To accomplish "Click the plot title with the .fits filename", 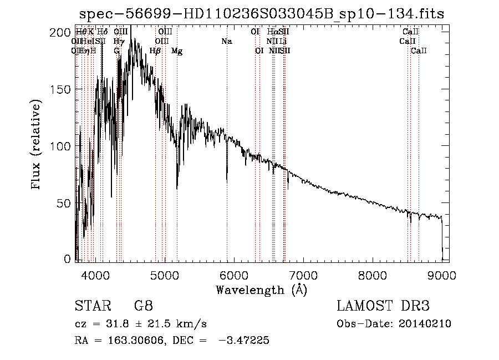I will click(x=262, y=14).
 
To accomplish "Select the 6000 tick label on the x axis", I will click(x=234, y=275).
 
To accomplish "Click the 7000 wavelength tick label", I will click(x=303, y=275).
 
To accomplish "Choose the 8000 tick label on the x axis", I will click(x=373, y=275).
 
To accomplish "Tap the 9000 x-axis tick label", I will click(x=442, y=275).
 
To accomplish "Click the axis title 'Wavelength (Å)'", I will click(x=261, y=290).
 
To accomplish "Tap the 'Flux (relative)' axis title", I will click(x=37, y=145).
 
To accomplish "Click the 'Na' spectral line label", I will click(x=226, y=41).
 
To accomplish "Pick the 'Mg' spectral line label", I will click(x=177, y=51).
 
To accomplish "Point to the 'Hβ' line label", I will click(x=155, y=51).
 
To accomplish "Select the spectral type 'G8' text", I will click(x=144, y=306).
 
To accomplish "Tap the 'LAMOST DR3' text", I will click(x=383, y=306).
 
